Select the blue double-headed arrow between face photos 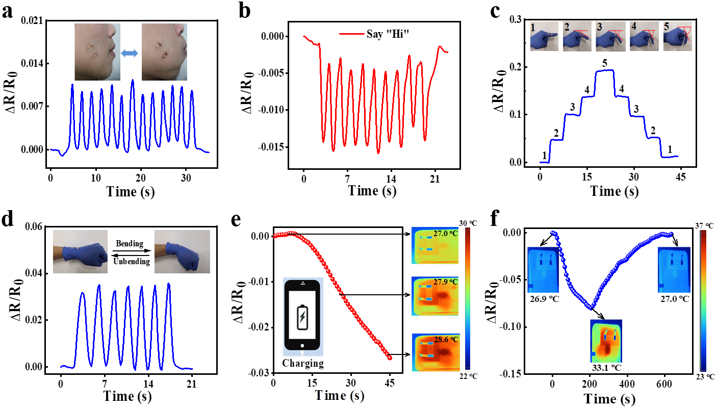pyautogui.click(x=131, y=53)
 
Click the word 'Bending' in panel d pyautogui.click(x=131, y=244)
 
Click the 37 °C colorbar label pyautogui.click(x=706, y=225)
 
